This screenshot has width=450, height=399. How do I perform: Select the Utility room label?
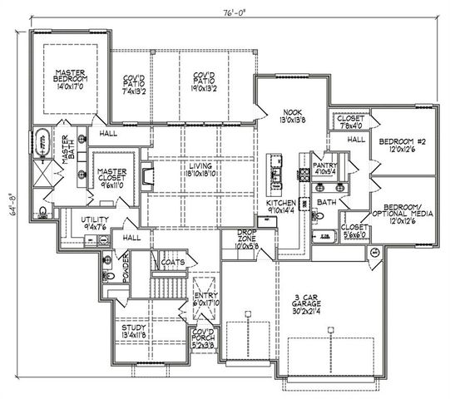(96, 222)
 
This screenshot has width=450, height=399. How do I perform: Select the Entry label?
(205, 299)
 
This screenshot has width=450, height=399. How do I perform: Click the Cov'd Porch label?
(205, 338)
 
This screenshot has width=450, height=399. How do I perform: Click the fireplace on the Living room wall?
(147, 175)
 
